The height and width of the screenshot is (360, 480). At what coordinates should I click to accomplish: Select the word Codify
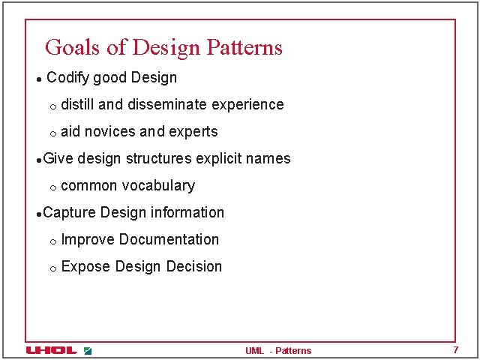click(x=68, y=77)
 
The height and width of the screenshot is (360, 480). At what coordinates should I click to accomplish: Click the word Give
click(x=58, y=158)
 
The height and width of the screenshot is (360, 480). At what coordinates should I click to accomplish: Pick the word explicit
click(x=220, y=159)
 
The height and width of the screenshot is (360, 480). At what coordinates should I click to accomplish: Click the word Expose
click(x=85, y=267)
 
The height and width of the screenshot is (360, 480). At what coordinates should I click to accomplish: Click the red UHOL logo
click(x=51, y=350)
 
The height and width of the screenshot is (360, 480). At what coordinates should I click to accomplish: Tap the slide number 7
click(x=455, y=350)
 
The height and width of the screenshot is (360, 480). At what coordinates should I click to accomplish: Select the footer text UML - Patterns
click(x=277, y=351)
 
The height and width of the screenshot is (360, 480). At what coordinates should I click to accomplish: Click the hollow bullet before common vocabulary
click(x=52, y=187)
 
